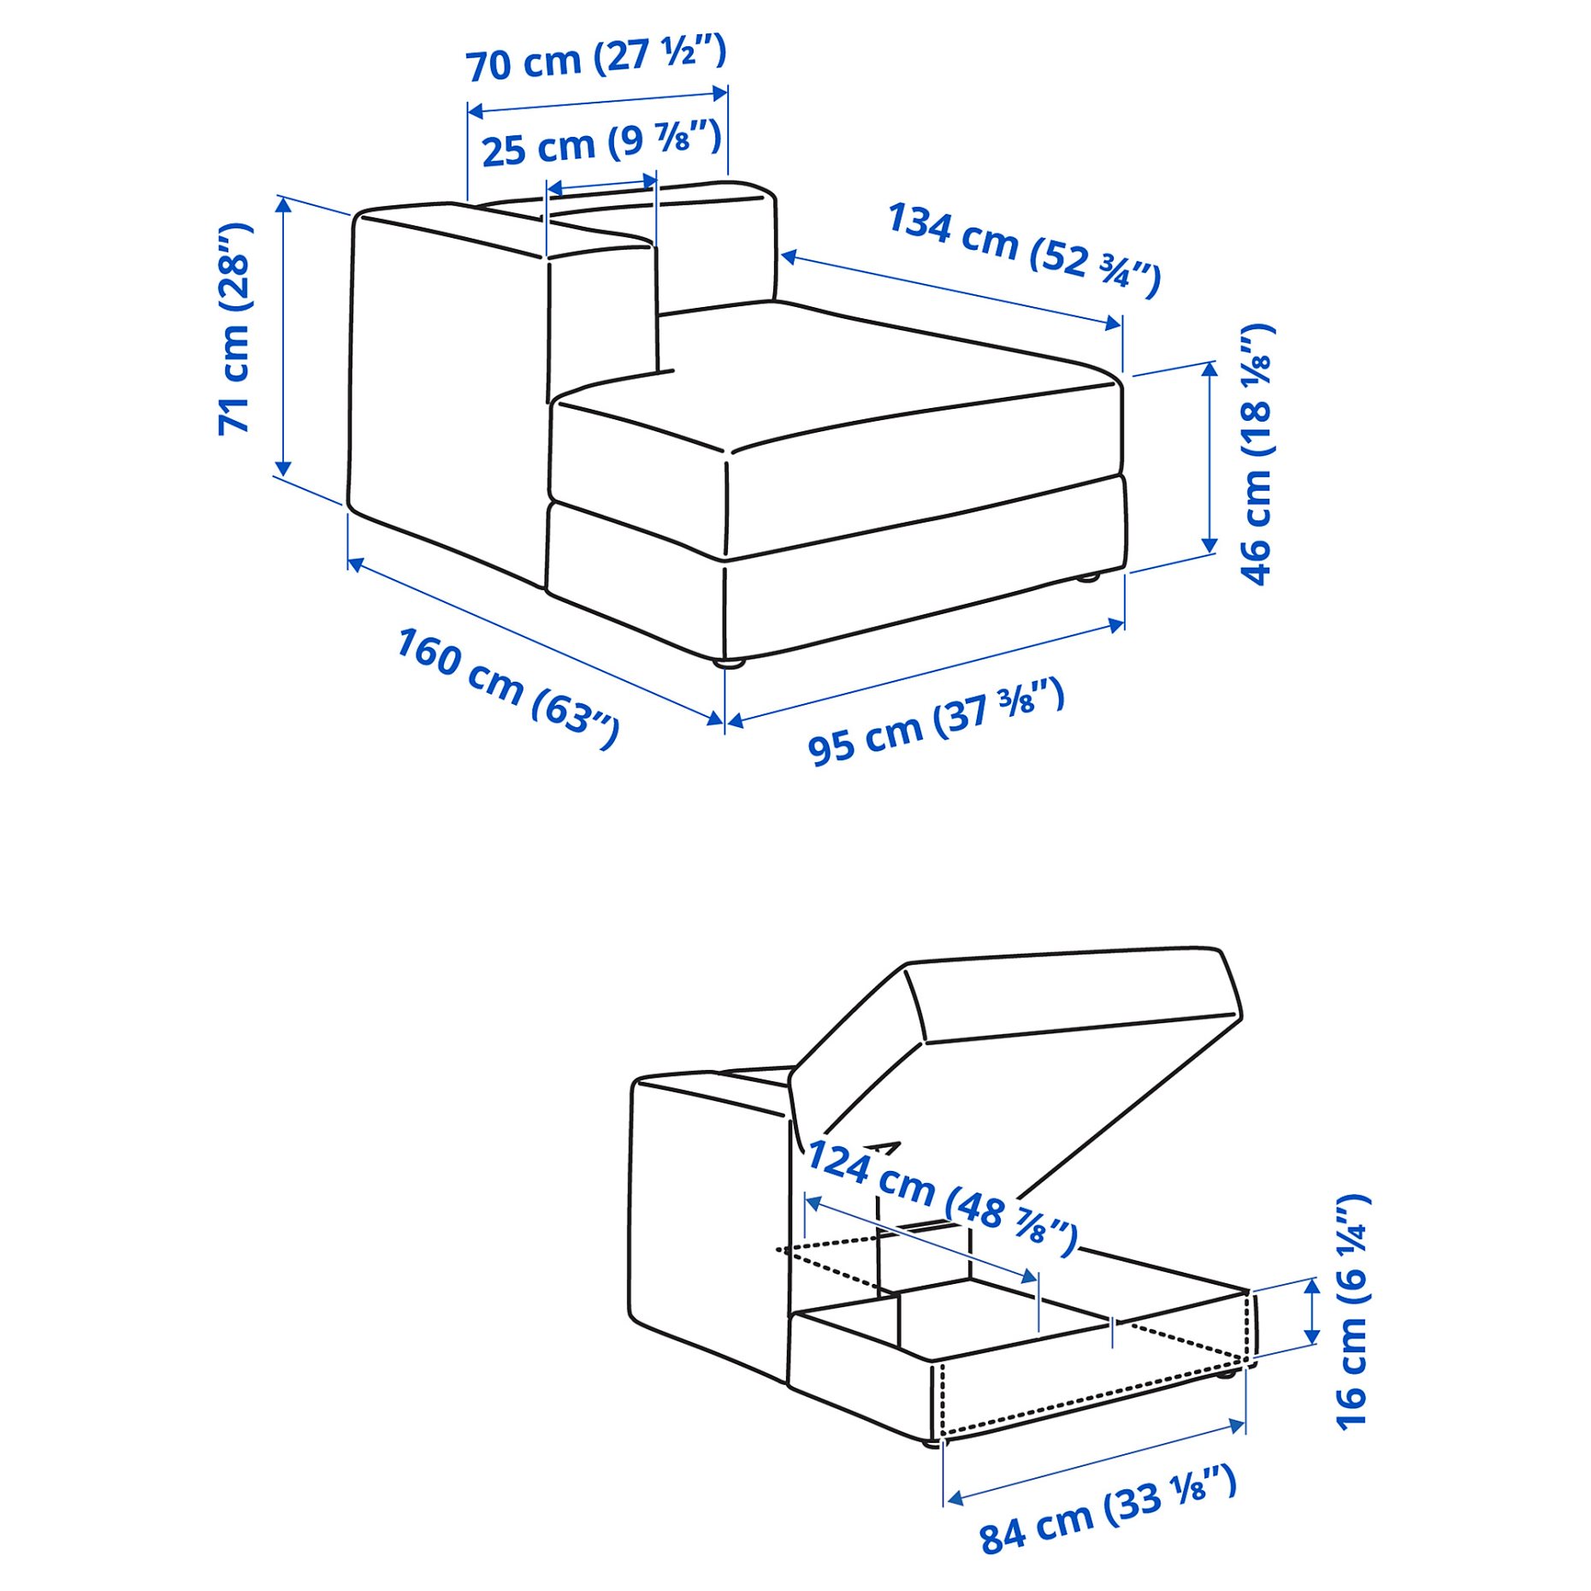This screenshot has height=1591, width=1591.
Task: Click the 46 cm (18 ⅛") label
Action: click(1257, 454)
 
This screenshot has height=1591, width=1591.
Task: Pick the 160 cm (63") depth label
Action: click(507, 688)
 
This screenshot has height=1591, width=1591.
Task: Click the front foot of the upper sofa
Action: click(728, 661)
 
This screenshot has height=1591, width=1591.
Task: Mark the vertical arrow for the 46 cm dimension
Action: click(1210, 458)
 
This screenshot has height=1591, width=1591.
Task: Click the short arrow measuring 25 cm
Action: click(601, 185)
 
